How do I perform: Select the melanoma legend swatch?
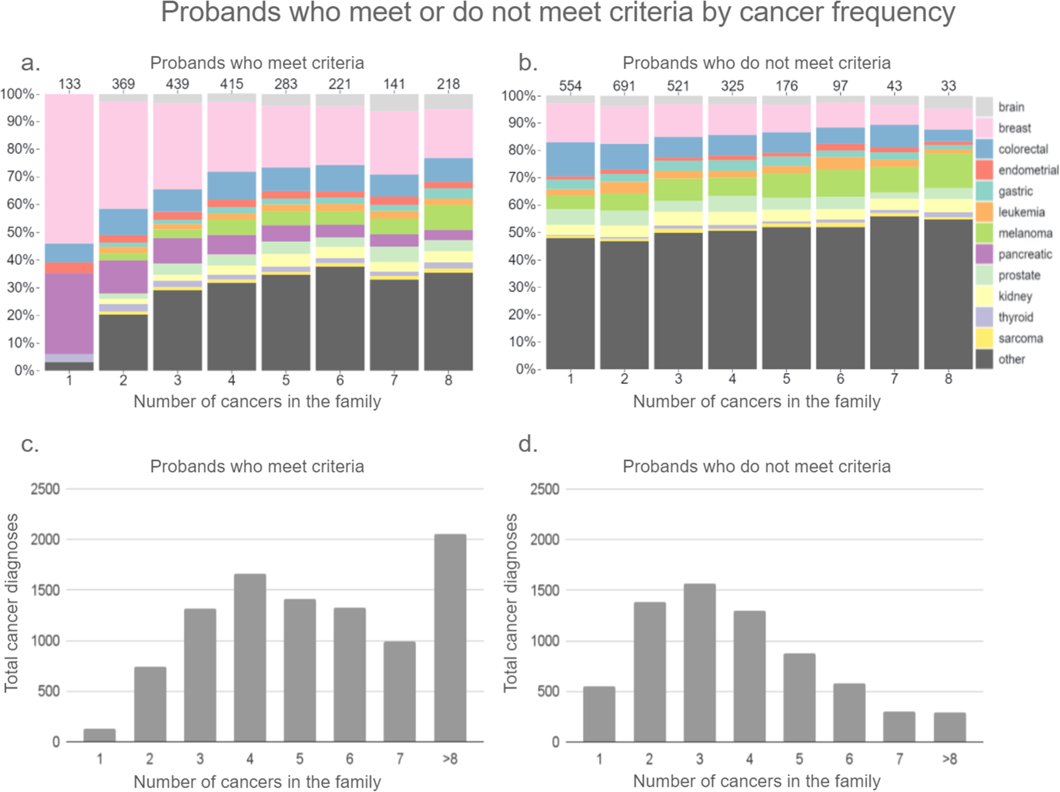pos(984,233)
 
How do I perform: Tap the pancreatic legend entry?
pos(1024,254)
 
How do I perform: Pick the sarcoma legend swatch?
pos(984,338)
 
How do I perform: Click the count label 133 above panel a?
pos(69,84)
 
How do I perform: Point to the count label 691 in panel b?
pos(624,86)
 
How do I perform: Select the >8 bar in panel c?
pos(450,637)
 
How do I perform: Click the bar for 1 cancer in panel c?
pos(100,735)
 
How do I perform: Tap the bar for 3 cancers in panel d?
pos(699,662)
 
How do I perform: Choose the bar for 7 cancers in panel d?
pos(899,726)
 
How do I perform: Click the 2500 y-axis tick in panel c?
pos(45,489)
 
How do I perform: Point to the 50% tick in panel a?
pos(20,232)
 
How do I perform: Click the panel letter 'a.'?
pos(31,63)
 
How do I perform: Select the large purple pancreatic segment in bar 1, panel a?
pos(69,313)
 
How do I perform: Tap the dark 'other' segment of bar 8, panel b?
pos(948,294)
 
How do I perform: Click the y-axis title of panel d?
pos(510,602)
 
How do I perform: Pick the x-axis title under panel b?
pos(756,401)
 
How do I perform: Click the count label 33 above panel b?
pos(948,86)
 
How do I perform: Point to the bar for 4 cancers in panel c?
pos(250,657)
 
